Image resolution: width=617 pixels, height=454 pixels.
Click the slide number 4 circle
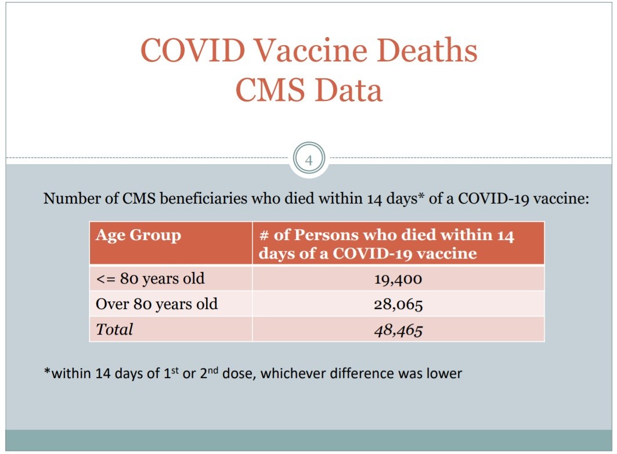pyautogui.click(x=309, y=160)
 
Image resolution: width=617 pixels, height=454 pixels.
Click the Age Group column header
pyautogui.click(x=138, y=236)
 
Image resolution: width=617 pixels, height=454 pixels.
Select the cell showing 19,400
pyautogui.click(x=398, y=279)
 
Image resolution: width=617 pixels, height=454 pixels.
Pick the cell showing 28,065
pyautogui.click(x=398, y=304)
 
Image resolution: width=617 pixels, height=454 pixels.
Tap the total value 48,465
pyautogui.click(x=398, y=329)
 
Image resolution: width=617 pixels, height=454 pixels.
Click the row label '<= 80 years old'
pyautogui.click(x=150, y=279)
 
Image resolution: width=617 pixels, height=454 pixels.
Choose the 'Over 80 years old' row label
pyautogui.click(x=157, y=304)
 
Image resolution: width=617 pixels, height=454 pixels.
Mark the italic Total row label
pyautogui.click(x=114, y=329)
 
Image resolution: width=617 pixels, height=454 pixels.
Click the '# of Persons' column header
pyautogui.click(x=386, y=244)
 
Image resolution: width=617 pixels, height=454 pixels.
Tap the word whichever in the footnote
pyautogui.click(x=293, y=373)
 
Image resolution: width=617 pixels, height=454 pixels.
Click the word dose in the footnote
pyautogui.click(x=240, y=373)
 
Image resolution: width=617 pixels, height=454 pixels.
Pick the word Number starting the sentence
pyautogui.click(x=68, y=198)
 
